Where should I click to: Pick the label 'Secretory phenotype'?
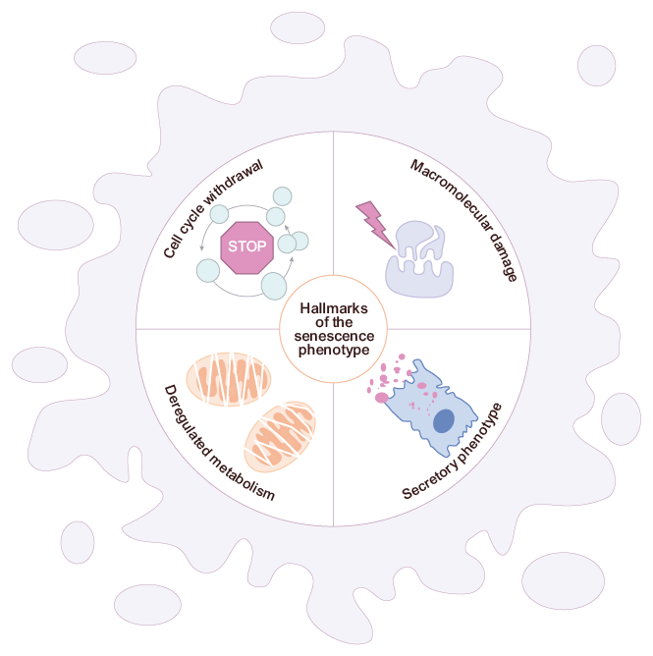click(454, 452)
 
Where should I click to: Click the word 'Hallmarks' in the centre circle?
click(334, 307)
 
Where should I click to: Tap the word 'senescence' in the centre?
click(334, 336)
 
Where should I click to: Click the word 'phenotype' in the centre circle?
click(334, 350)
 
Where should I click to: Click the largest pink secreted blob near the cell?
click(381, 397)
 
